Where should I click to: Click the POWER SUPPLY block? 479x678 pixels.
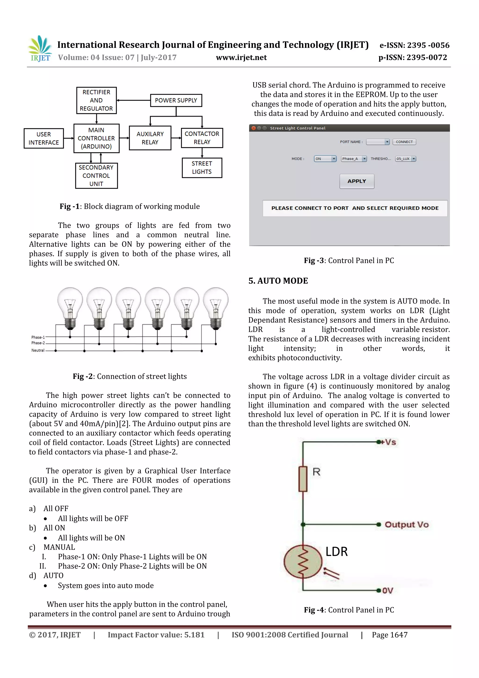176,100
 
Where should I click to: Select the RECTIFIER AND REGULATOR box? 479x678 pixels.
96,100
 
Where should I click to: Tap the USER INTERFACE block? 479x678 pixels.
44,138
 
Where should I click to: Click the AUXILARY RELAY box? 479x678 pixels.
150,138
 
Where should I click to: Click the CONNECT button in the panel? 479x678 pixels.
404,142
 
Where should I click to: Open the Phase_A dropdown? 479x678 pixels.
354,159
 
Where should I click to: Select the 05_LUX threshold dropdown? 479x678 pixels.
406,159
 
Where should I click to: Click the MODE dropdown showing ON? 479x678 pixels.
325,159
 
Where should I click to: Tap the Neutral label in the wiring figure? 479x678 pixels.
38,350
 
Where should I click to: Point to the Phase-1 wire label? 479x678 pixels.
38,337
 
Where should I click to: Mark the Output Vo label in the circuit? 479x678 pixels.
406,524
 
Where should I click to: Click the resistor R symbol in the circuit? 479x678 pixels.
303,479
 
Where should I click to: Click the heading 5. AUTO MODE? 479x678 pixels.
278,281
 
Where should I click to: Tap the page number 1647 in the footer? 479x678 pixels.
390,635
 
